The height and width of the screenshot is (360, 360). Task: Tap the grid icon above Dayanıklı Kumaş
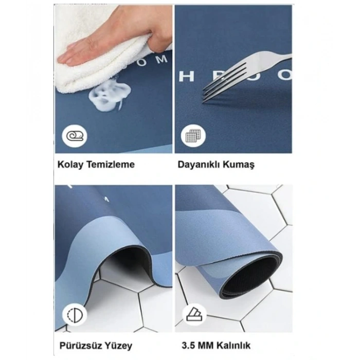pyautogui.click(x=193, y=137)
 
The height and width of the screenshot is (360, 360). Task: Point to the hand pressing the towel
pyautogui.click(x=129, y=36)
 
